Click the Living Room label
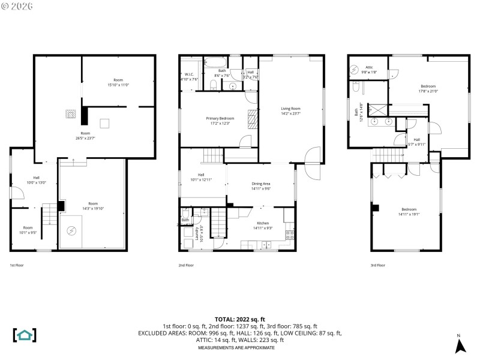click(x=290, y=112)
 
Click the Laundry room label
click(x=200, y=233)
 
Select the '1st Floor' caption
click(x=17, y=265)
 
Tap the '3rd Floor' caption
click(x=378, y=265)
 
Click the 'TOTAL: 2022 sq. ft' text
click(x=240, y=319)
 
